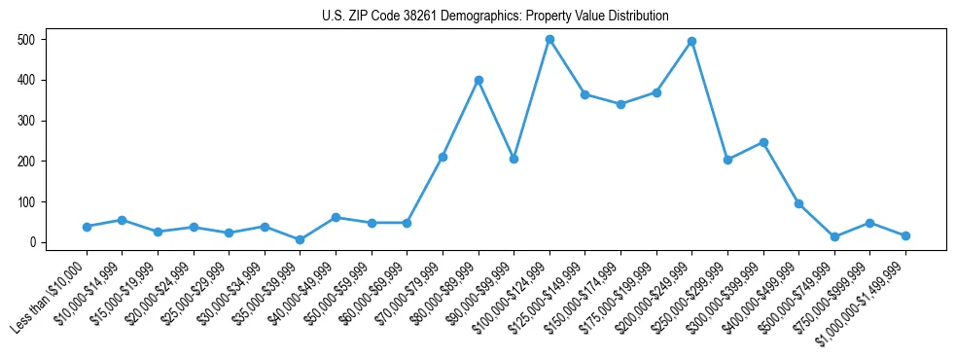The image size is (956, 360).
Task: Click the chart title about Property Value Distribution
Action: click(495, 17)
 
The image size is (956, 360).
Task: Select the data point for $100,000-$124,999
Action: click(549, 40)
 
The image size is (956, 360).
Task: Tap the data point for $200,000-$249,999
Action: click(691, 42)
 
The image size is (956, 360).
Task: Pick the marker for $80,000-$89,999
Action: click(478, 80)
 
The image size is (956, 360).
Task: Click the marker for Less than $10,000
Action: click(87, 227)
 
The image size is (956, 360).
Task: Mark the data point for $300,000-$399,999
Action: click(763, 142)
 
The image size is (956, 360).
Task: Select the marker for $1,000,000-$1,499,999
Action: click(905, 235)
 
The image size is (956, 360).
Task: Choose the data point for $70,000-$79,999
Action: click(443, 157)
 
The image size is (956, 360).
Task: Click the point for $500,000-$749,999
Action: click(834, 236)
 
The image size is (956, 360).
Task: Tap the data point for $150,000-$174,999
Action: click(620, 104)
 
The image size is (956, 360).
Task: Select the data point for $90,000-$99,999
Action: click(513, 159)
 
